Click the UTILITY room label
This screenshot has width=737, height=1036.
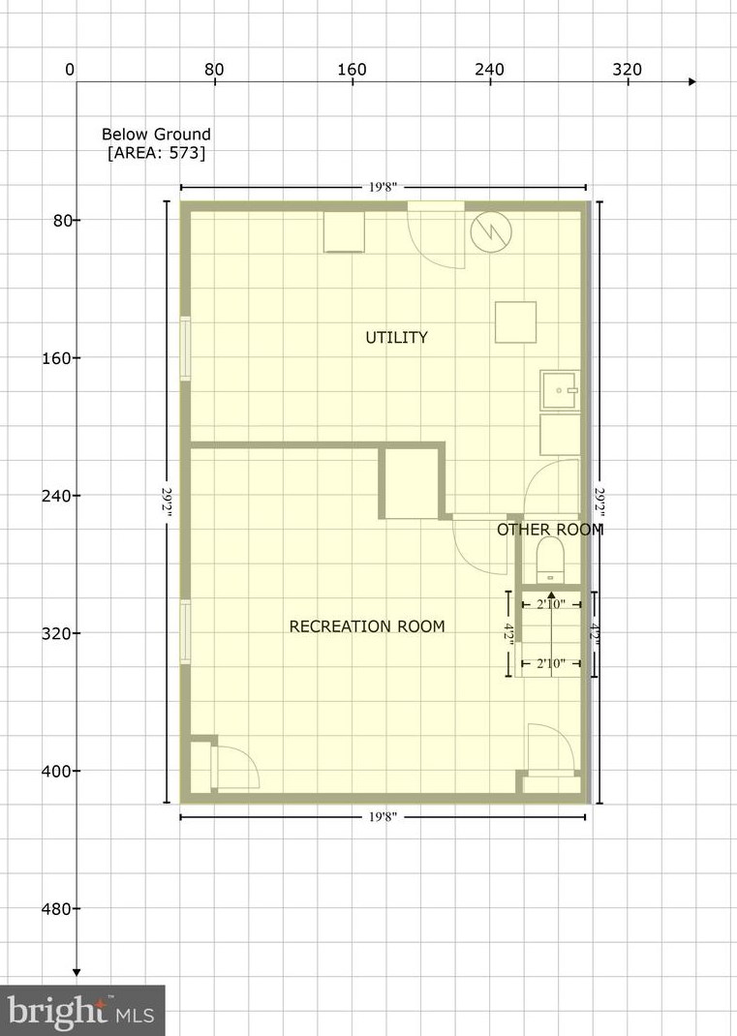pos(396,337)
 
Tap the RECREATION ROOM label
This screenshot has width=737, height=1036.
pos(367,626)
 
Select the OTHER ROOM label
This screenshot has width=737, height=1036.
pos(549,530)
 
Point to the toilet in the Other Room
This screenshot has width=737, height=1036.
pos(549,560)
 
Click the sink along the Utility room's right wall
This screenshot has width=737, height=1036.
pos(561,391)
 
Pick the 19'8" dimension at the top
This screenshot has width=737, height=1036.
pos(383,187)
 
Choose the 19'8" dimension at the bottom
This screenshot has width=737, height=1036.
pos(383,817)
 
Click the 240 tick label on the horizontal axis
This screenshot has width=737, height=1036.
pos(489,70)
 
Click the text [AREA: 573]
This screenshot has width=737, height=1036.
pos(156,152)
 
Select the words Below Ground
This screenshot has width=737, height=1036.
pos(156,135)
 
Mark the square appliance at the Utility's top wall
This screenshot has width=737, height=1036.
pos(343,231)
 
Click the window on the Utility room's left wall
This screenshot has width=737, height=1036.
pos(185,346)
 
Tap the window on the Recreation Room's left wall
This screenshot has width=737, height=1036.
pos(185,632)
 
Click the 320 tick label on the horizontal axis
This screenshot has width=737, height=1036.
pos(627,70)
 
